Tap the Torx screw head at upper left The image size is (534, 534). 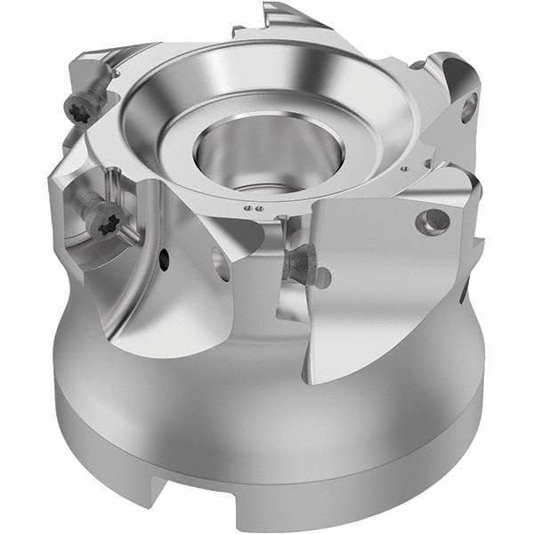point(77,109)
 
